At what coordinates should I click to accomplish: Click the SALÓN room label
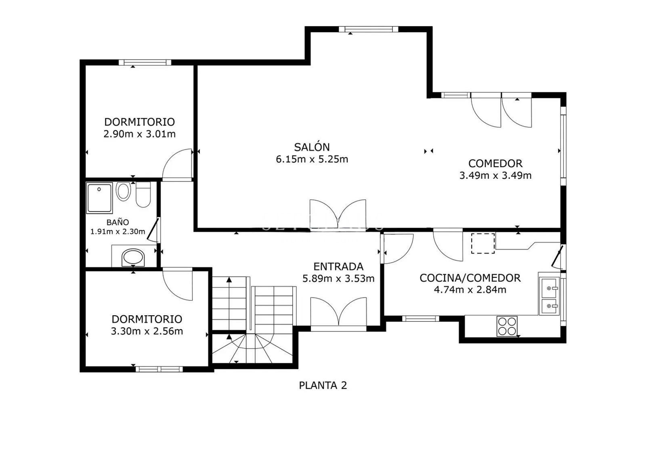312,147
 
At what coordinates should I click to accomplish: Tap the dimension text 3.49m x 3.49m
495,176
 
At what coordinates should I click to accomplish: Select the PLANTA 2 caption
323,386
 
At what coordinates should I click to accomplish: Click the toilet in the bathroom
143,195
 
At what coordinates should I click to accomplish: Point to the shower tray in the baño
99,198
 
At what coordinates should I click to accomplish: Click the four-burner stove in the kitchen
507,326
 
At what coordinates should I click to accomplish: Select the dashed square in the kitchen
483,243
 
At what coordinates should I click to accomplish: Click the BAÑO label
117,222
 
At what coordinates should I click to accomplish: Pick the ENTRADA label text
338,266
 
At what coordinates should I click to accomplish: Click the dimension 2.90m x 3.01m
139,134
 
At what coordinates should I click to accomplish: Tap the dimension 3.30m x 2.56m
147,331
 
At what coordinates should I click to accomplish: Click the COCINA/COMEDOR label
470,278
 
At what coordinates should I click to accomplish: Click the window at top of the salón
366,29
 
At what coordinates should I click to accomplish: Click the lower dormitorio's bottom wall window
159,369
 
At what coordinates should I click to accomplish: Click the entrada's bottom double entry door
338,313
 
